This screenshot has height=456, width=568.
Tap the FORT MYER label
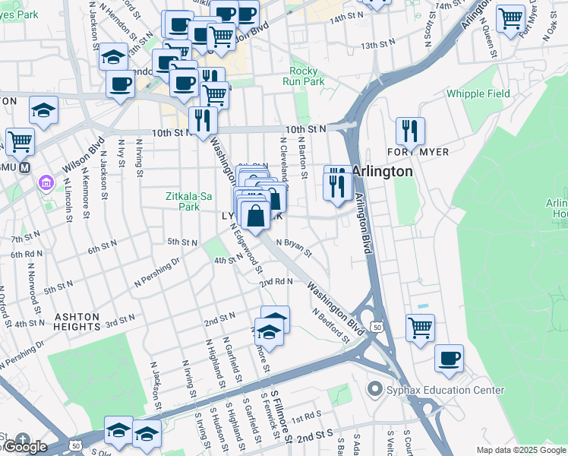422,152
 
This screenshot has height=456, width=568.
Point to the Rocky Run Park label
303,76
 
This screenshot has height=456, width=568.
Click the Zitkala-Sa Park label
182,201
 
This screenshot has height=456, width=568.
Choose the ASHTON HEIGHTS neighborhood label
77,321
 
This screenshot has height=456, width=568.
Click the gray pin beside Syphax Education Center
374,390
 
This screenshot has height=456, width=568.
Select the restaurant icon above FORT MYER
409,131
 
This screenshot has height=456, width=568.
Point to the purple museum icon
45,183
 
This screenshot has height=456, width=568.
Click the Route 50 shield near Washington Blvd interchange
376,326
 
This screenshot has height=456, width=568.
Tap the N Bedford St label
329,324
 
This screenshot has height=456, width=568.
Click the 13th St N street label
380,46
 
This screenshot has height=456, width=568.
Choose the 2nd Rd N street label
276,281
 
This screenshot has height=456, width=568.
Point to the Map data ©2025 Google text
520,450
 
